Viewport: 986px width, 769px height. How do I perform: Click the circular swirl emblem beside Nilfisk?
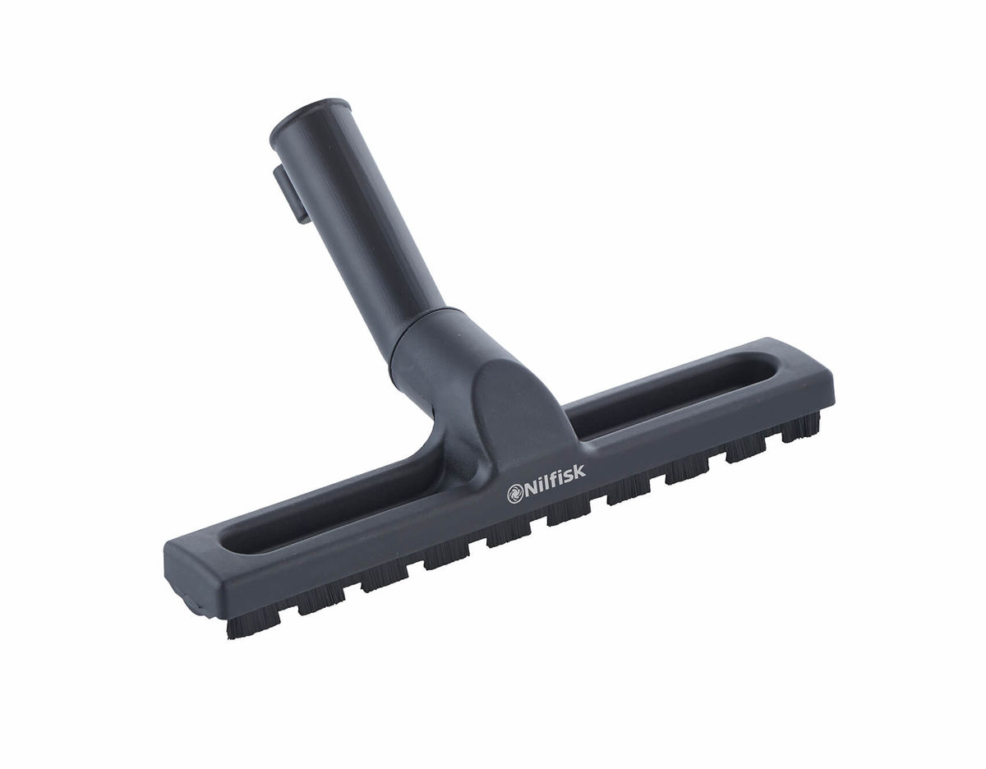(514, 494)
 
